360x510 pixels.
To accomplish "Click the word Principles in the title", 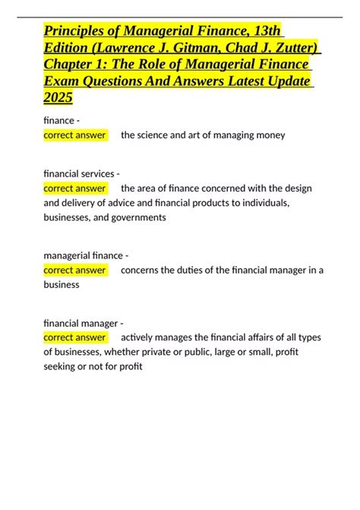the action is click(x=74, y=30).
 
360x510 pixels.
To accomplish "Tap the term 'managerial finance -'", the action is click(x=85, y=255).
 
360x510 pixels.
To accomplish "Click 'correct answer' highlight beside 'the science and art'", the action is click(x=75, y=135).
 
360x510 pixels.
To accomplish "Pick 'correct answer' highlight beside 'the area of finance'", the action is click(x=75, y=188).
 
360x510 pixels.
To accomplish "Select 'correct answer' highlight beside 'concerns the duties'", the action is click(x=75, y=269).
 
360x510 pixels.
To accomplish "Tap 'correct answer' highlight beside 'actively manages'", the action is click(x=75, y=337).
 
